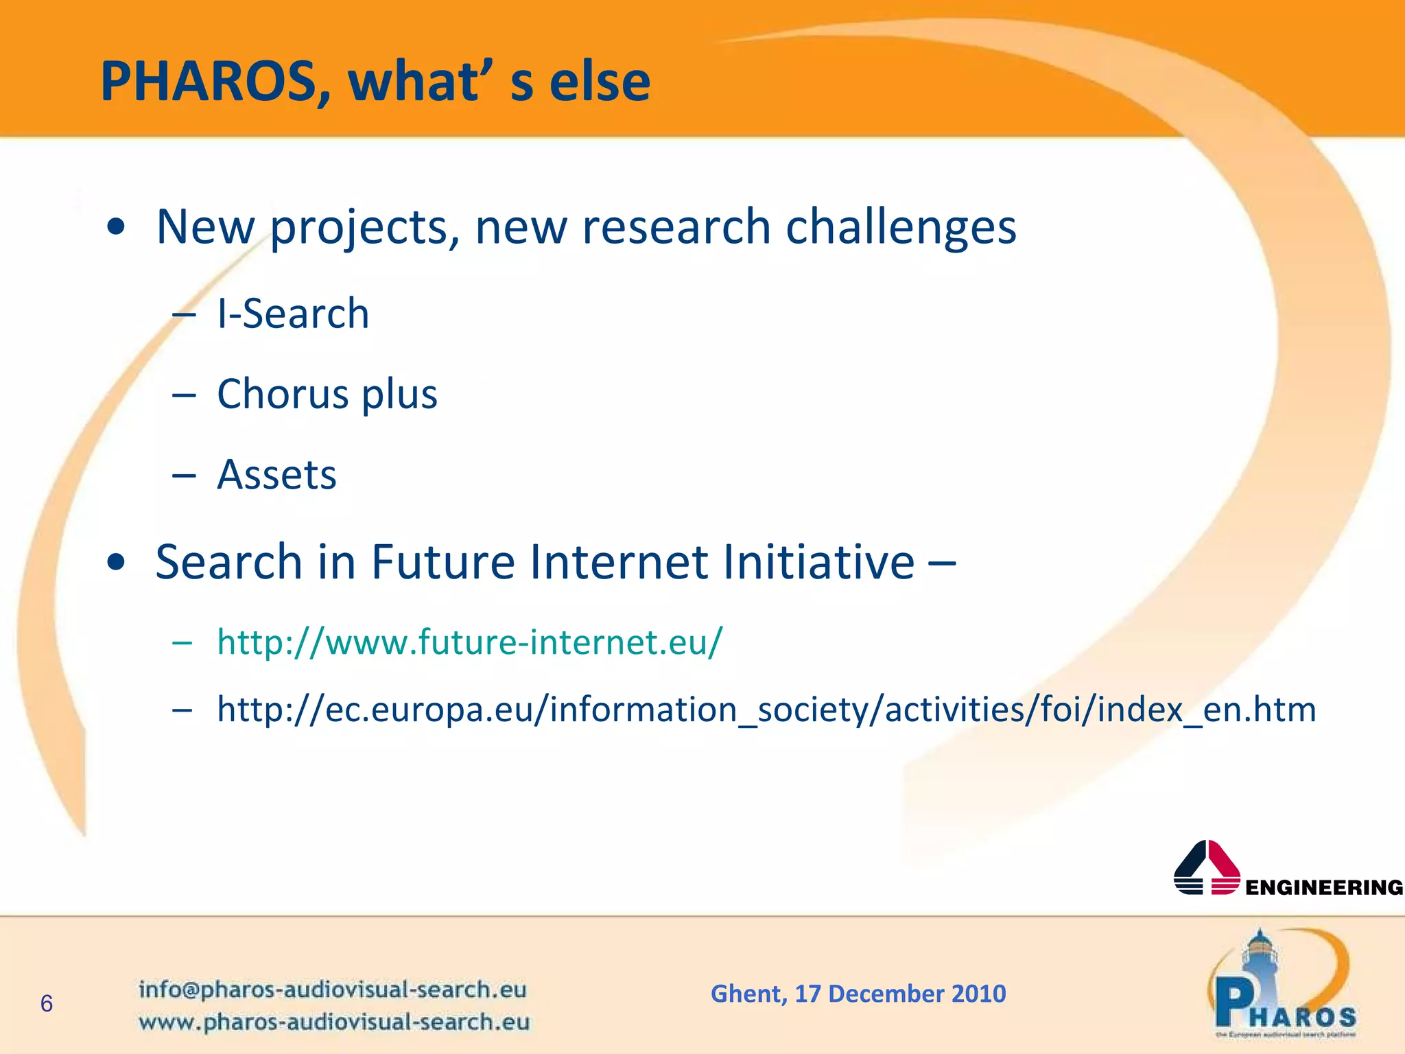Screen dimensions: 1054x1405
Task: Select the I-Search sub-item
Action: click(293, 314)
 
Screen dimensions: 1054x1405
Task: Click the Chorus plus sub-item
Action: click(327, 394)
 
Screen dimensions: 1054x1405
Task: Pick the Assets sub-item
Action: click(276, 474)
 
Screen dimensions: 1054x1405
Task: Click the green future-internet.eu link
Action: click(469, 642)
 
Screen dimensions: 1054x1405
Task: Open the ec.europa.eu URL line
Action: click(766, 710)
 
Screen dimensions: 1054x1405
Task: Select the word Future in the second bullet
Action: click(442, 562)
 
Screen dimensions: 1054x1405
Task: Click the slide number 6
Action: click(47, 1004)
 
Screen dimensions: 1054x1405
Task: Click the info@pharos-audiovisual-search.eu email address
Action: click(332, 989)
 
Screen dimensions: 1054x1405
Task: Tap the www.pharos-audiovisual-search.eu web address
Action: click(333, 1022)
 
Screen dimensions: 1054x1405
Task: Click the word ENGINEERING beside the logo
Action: click(1323, 888)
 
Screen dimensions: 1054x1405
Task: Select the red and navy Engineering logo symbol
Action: click(1207, 868)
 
